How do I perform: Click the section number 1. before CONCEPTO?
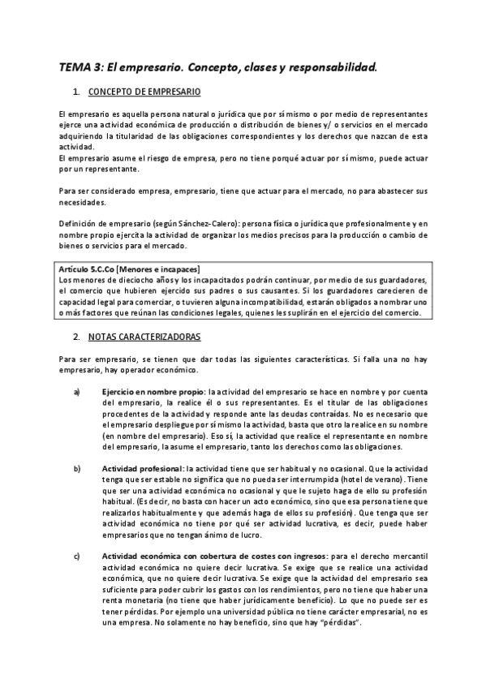pyautogui.click(x=75, y=92)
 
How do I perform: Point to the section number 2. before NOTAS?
pyautogui.click(x=75, y=336)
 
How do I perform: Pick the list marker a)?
pyautogui.click(x=77, y=392)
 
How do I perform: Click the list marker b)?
pyautogui.click(x=77, y=470)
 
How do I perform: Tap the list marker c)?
pyautogui.click(x=77, y=555)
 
